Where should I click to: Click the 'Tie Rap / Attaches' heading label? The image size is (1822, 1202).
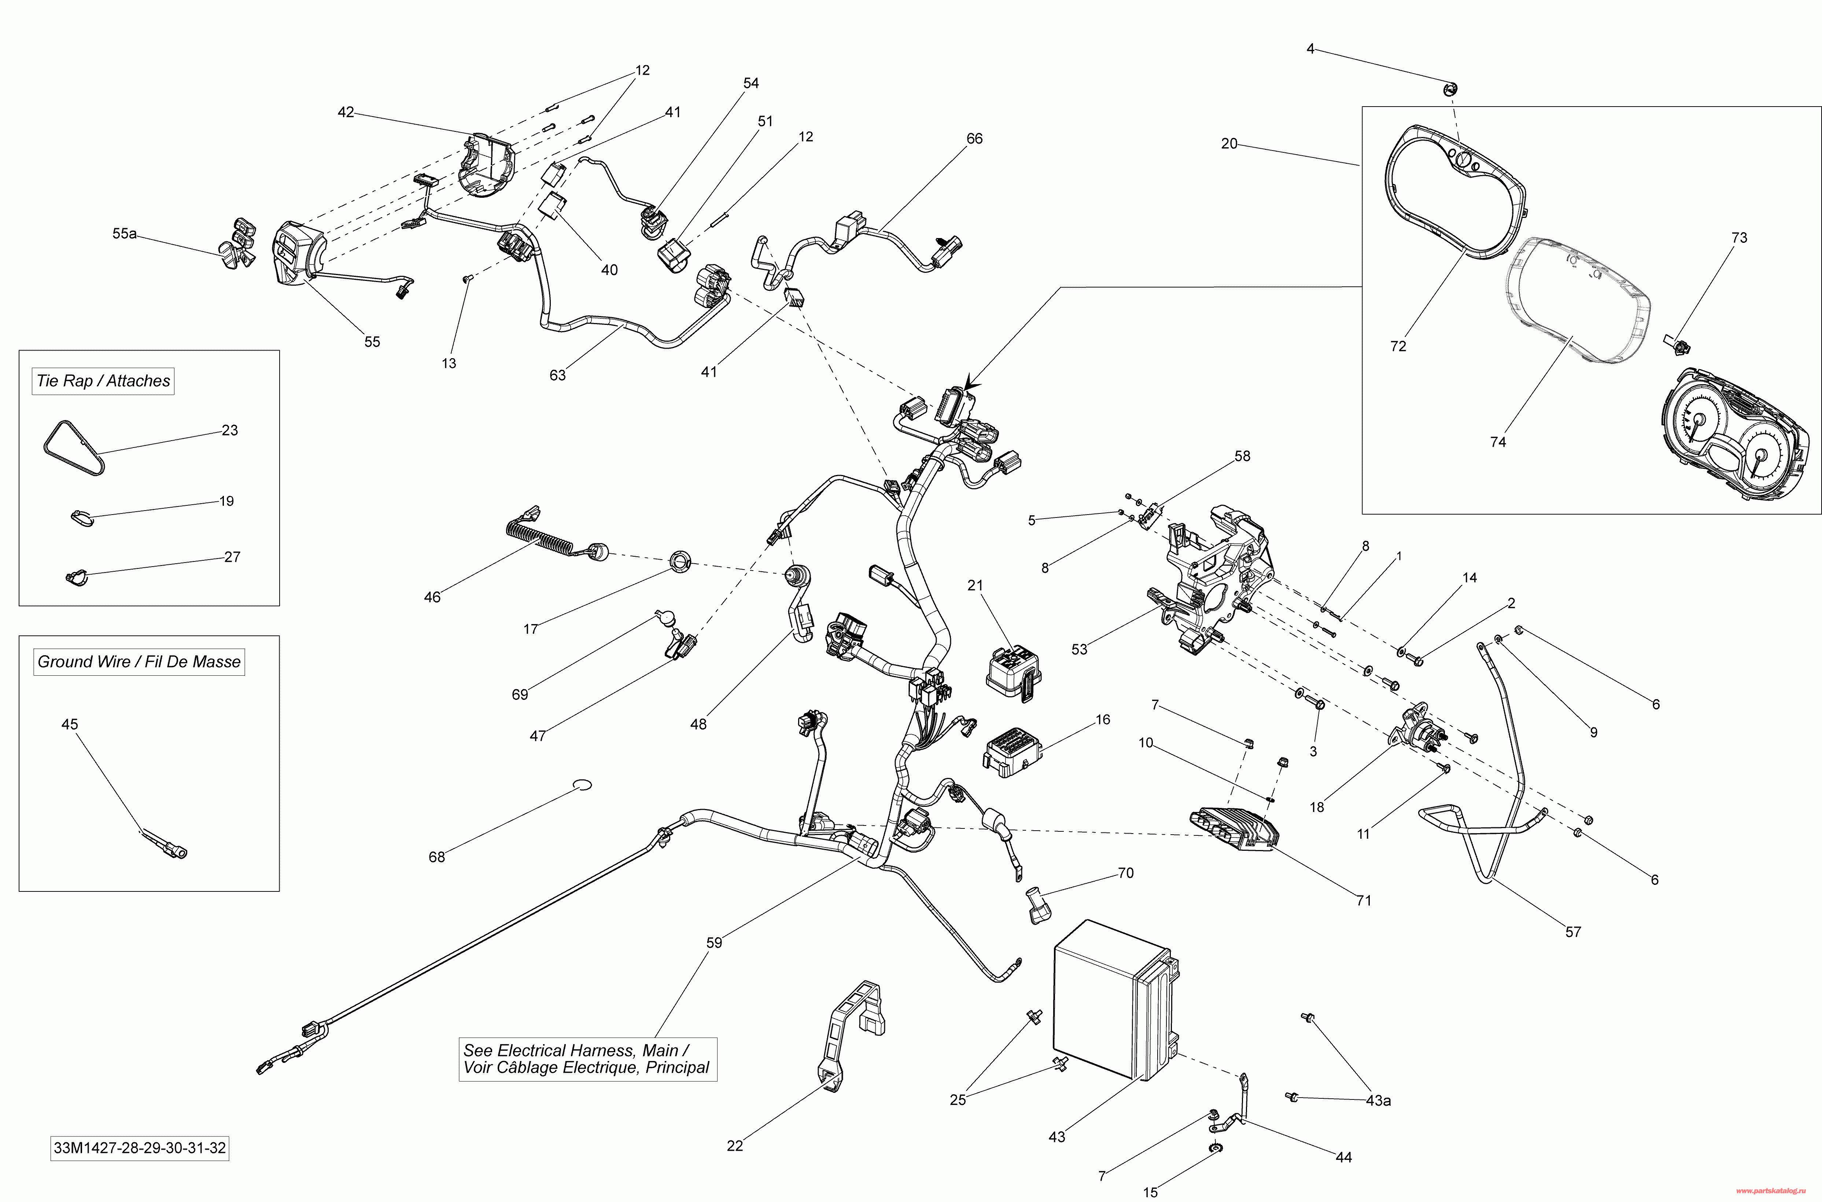103,381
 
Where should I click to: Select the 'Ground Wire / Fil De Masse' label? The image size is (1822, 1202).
139,661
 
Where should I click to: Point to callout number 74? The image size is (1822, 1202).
1498,442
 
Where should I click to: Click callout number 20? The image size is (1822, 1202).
1229,143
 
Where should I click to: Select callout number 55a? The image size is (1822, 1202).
124,233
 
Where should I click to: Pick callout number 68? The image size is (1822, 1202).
436,857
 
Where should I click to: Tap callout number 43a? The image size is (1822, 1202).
1378,1101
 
